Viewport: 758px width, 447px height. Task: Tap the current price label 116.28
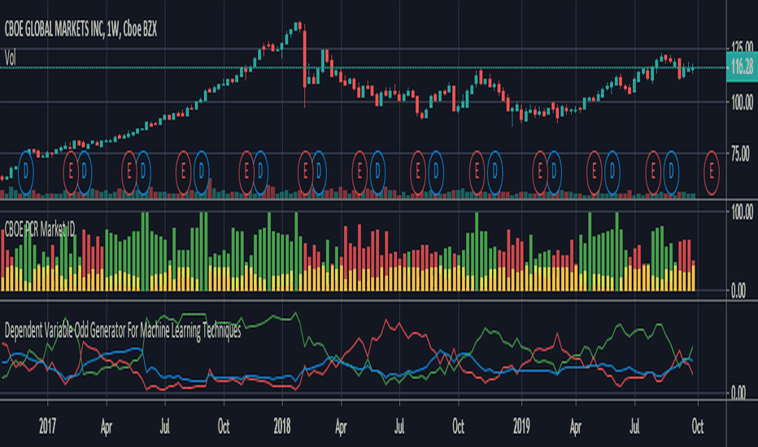pyautogui.click(x=739, y=68)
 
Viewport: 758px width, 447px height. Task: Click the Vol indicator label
pyautogui.click(x=11, y=57)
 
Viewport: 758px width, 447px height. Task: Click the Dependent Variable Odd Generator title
pyautogui.click(x=123, y=332)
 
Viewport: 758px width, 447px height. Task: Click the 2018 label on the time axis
pyautogui.click(x=282, y=425)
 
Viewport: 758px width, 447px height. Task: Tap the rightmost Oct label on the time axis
pyautogui.click(x=696, y=425)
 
